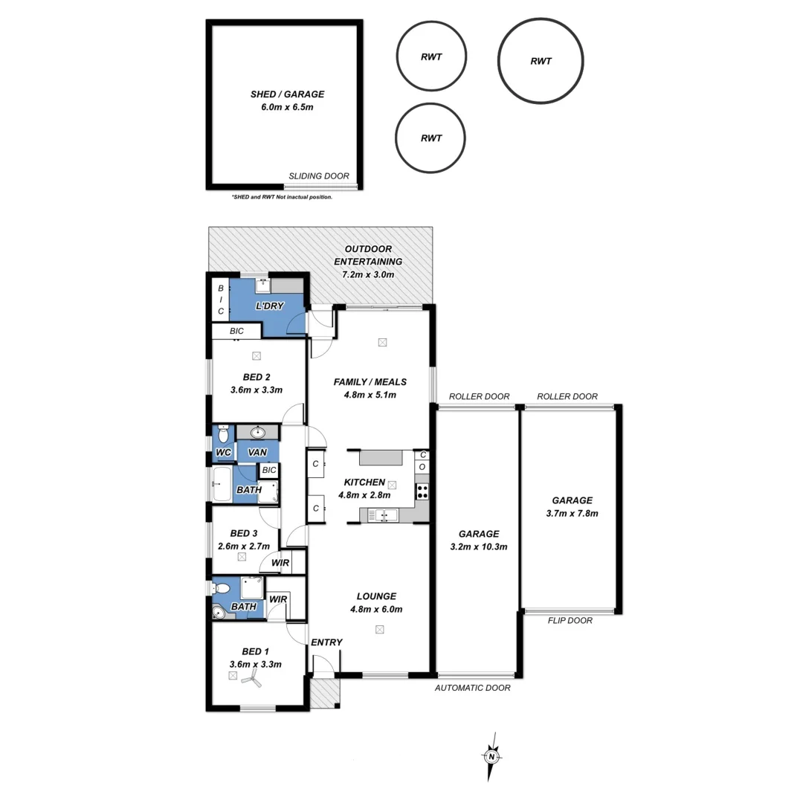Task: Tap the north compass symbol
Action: (491, 756)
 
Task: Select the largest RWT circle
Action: (541, 61)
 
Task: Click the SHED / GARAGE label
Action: (287, 94)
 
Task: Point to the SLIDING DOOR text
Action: (319, 176)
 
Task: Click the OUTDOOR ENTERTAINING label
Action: (368, 255)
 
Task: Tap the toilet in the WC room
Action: (223, 434)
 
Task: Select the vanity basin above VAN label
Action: (258, 433)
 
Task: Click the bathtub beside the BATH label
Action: (222, 484)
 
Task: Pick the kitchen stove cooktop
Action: (422, 491)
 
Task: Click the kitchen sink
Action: (385, 515)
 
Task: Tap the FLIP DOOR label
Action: (570, 620)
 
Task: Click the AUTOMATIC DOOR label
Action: (473, 688)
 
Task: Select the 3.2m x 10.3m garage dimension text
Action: (478, 546)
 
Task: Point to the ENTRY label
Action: (326, 642)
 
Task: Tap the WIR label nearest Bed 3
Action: (280, 563)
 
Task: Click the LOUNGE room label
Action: (376, 596)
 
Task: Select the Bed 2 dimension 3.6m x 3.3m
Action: (256, 390)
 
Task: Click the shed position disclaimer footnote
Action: (282, 197)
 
